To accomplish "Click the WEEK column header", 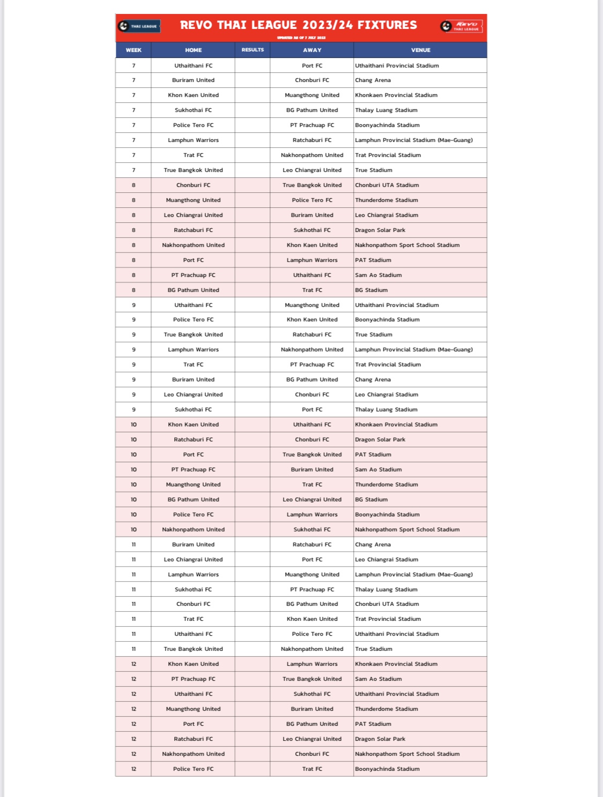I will [133, 50].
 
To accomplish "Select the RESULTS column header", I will [252, 50].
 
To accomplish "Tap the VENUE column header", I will [421, 50].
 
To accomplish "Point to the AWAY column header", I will [312, 50].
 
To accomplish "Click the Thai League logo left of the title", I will [139, 26].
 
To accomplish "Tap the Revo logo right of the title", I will [461, 26].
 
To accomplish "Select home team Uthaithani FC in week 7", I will [193, 65].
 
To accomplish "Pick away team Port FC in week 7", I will [312, 65].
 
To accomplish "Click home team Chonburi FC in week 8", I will [193, 185].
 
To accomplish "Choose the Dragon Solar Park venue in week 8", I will [380, 230].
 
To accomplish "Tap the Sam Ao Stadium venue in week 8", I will [378, 275].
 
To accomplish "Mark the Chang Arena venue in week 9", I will [373, 379].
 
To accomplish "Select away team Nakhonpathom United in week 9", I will [312, 349].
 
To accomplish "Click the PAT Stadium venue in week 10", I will [373, 454].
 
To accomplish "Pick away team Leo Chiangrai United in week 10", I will [312, 499].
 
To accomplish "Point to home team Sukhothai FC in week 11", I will [193, 589].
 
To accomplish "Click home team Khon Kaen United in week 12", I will [193, 664].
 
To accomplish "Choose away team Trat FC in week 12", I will [312, 769].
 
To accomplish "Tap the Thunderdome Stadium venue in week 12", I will [386, 709].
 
